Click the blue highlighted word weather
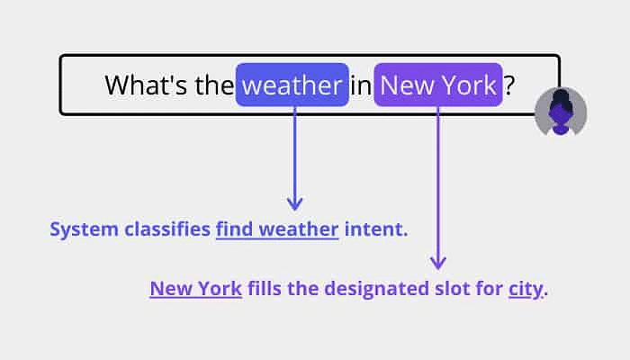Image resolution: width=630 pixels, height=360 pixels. [x=292, y=85]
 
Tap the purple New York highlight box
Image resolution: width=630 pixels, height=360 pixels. [x=438, y=85]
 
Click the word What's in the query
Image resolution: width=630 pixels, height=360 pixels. [x=146, y=85]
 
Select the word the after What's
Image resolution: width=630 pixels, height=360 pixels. [x=214, y=85]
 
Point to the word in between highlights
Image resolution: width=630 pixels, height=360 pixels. [x=361, y=86]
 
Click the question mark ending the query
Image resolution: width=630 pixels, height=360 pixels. [x=509, y=85]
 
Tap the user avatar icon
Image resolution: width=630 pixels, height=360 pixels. [x=561, y=112]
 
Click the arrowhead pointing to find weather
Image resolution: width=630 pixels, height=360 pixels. [x=295, y=203]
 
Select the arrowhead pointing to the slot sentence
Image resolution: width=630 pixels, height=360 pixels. [x=438, y=263]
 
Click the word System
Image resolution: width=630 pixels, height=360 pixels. [x=84, y=229]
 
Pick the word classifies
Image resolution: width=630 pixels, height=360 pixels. [x=167, y=229]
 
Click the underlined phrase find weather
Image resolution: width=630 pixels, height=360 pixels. [x=277, y=229]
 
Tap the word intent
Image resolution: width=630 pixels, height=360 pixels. [x=376, y=229]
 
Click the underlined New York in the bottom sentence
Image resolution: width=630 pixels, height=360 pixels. [x=196, y=289]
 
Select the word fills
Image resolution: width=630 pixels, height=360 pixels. [x=265, y=288]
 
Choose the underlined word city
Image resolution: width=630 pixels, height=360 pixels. [x=526, y=289]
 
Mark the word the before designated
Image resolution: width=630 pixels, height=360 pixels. [x=302, y=288]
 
